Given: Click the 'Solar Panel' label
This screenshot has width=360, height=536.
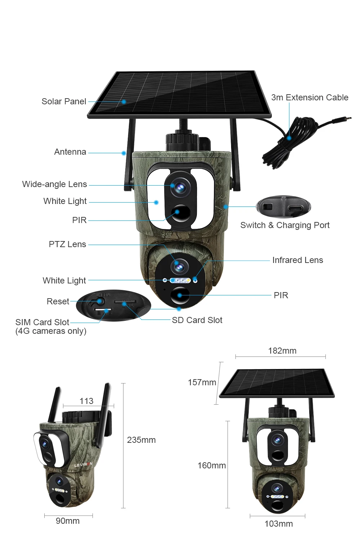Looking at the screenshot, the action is click(64, 101).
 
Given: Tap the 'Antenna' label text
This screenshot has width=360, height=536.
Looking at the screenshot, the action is click(70, 152).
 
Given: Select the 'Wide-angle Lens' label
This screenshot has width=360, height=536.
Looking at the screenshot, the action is click(54, 184).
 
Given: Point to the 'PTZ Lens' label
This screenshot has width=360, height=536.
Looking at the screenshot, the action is click(67, 244).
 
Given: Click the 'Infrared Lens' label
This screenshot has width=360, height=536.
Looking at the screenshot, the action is click(297, 260).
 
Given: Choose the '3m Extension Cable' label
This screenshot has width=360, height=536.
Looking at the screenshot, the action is click(310, 97).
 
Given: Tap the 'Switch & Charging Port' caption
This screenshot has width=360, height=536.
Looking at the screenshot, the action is click(285, 225).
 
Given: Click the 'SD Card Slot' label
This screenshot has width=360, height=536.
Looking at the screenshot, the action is click(197, 320).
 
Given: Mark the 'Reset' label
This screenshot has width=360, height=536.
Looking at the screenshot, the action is click(58, 301).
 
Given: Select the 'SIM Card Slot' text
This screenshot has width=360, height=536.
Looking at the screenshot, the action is click(42, 322).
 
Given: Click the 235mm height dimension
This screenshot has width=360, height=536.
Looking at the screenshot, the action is click(141, 440).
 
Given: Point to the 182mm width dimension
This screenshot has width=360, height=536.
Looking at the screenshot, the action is click(282, 351).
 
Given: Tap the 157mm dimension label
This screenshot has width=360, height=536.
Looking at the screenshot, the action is click(202, 382).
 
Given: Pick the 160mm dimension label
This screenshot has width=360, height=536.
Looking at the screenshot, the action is click(211, 465).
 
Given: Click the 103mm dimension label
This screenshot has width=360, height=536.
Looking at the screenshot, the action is click(278, 524).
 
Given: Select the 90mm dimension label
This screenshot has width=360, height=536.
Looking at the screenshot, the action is click(68, 521).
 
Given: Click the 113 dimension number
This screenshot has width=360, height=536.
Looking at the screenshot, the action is click(86, 401).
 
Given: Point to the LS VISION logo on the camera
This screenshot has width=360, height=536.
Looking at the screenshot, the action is click(83, 465).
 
